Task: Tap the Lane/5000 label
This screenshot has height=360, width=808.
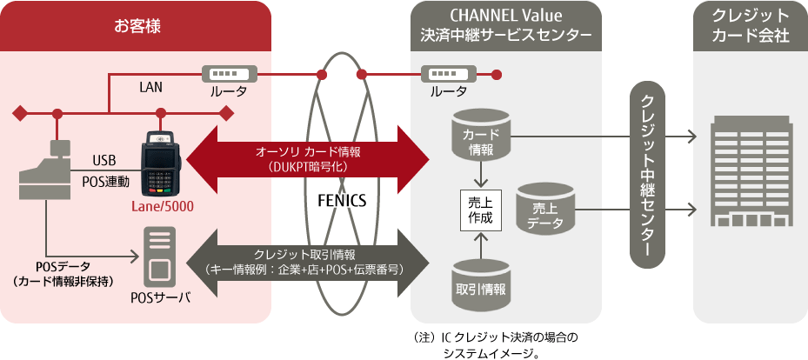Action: [163, 207]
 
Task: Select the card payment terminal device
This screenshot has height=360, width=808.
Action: [161, 165]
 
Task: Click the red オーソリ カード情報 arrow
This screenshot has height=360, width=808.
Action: [310, 157]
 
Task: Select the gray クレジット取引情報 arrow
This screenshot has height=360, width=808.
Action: [310, 260]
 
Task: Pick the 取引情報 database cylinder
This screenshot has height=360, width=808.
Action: [480, 283]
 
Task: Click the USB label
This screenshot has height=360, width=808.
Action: [104, 160]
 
